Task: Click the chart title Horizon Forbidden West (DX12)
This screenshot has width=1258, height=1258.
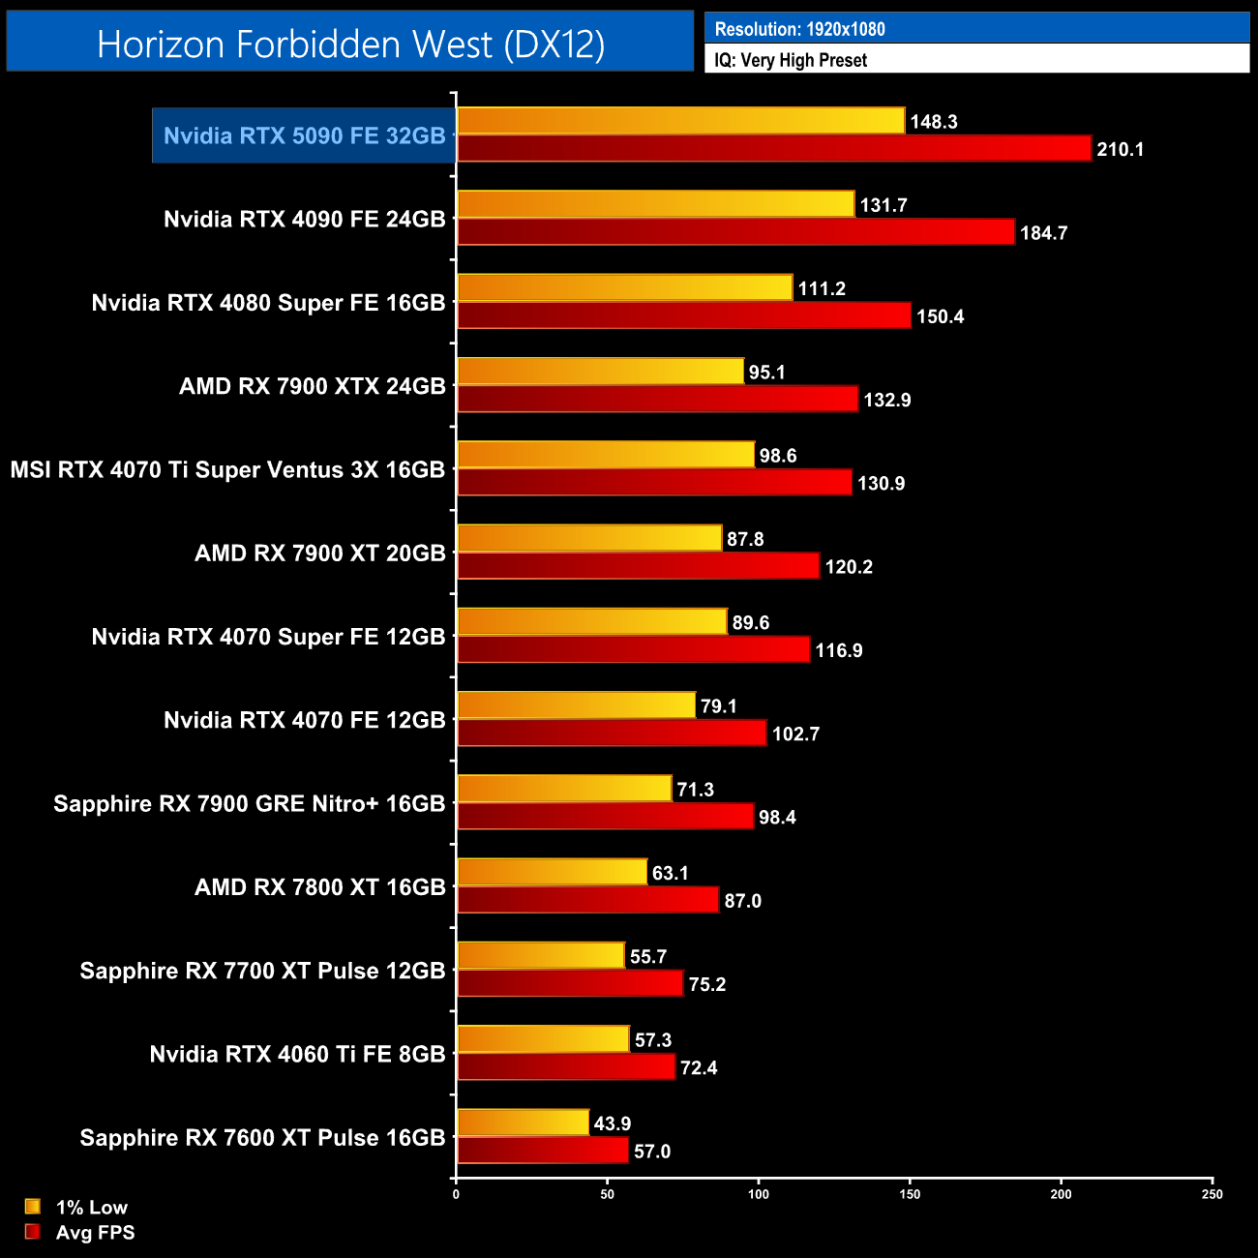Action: coord(350,45)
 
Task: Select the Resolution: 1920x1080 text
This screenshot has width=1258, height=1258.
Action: coord(799,29)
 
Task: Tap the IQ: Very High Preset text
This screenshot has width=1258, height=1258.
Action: coord(791,60)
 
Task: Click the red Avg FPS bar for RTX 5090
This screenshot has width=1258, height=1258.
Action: coord(774,149)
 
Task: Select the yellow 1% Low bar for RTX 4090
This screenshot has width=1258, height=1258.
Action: coord(655,204)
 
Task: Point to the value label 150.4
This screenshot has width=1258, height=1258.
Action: coord(940,316)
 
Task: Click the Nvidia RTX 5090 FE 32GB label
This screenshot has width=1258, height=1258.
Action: coord(304,135)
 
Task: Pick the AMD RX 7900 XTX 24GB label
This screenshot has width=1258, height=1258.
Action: coord(312,386)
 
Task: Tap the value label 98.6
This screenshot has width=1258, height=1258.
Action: coord(778,456)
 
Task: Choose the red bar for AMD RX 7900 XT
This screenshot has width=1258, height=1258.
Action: coord(638,566)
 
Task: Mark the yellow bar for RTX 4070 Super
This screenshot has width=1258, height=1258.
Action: coord(591,622)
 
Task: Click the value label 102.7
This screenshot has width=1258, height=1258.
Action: coord(795,734)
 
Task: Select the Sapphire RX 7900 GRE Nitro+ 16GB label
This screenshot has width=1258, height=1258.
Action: coord(249,803)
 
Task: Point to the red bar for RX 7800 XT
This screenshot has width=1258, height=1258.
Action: coord(587,900)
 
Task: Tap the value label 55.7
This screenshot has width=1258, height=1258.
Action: coord(648,957)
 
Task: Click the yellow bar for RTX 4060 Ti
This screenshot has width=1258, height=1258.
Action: coord(543,1039)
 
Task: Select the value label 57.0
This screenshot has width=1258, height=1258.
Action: coord(651,1152)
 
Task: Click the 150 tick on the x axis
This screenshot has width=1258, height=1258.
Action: coord(910,1194)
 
